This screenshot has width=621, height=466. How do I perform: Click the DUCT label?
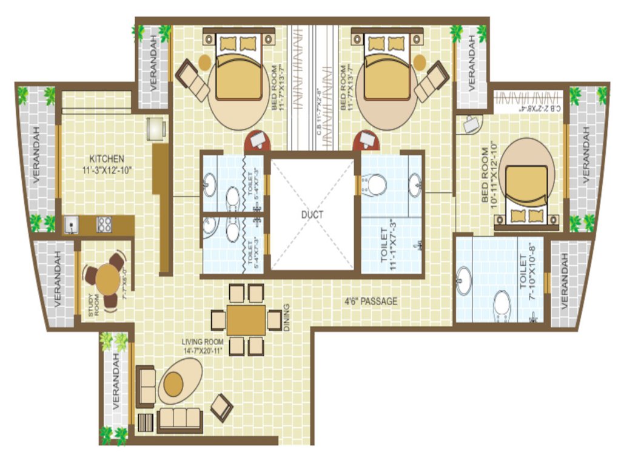(x=312, y=214)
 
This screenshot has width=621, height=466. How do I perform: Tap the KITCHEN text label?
(x=108, y=159)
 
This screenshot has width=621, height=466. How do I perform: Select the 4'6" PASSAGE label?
(x=371, y=300)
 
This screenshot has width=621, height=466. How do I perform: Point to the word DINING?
(x=287, y=317)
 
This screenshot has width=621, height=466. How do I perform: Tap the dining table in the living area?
(x=246, y=319)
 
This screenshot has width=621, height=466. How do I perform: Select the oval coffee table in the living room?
(x=180, y=381)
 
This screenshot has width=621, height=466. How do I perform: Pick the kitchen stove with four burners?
(x=104, y=225)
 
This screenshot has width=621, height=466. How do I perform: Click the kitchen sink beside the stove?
(x=73, y=225)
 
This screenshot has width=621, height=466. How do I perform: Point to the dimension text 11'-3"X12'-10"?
(x=107, y=171)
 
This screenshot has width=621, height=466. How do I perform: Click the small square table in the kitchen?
(x=156, y=129)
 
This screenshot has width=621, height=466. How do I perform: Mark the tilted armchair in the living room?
(x=221, y=407)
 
